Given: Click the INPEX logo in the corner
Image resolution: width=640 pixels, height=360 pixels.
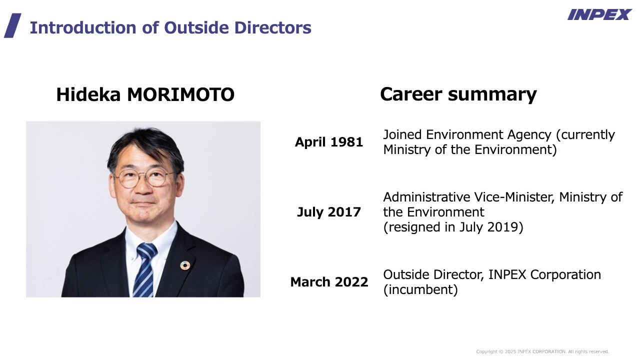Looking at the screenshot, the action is tap(599, 14).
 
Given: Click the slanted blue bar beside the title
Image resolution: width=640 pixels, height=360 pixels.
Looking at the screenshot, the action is tap(12, 25).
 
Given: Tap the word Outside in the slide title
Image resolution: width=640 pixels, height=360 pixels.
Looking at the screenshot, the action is tap(196, 27).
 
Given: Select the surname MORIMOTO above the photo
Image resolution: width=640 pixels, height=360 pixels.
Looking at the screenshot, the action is tap(181, 94).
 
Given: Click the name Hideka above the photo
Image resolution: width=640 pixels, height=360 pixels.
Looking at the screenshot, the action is tap(88, 94).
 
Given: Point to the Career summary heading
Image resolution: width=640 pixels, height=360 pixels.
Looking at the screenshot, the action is tap(458, 94).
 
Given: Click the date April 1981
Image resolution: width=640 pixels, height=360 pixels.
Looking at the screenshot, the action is tap(329, 142).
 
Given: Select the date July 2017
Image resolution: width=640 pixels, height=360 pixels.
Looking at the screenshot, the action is tap(329, 212).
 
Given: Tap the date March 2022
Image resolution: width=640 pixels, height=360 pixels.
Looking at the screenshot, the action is tap(329, 282).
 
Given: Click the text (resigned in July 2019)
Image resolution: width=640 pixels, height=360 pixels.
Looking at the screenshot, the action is tap(453, 227).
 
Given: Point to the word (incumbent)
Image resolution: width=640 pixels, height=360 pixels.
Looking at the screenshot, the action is tap(420, 289).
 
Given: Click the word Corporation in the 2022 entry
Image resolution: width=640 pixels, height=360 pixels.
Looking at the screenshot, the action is tap(565, 274).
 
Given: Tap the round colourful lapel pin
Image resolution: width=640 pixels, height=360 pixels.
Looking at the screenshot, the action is tap(185, 265).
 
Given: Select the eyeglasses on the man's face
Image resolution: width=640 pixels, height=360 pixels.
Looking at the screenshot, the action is tap(144, 178).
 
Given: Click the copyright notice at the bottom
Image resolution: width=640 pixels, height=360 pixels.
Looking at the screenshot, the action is tap(542, 351).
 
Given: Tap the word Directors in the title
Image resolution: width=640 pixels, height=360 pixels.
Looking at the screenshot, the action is tap(273, 27).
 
